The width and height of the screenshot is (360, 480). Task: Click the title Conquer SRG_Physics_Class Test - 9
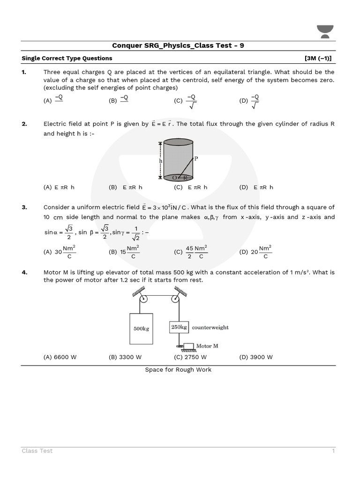coord(178,45)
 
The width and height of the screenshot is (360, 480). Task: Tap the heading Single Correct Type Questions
coord(67,58)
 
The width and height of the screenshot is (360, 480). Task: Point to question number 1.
coord(24,72)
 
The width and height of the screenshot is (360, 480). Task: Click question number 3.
coord(24,207)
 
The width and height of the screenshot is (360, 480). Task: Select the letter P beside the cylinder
coord(196,158)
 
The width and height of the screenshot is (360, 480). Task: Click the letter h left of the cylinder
coord(160,160)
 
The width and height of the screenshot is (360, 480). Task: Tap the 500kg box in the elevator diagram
coord(141,329)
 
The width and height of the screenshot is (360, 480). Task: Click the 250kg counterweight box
coord(179,327)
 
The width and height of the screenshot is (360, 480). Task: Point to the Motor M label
coord(207,346)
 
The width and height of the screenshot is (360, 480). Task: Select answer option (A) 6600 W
coord(60,357)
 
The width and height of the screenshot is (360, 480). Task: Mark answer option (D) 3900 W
coord(255,357)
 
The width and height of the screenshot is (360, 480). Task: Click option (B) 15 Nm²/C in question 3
coord(124,252)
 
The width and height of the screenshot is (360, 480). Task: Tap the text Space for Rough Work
coord(178,370)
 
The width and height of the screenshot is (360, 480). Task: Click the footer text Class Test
coord(37,451)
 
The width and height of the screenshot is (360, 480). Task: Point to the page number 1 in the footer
coord(333,451)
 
